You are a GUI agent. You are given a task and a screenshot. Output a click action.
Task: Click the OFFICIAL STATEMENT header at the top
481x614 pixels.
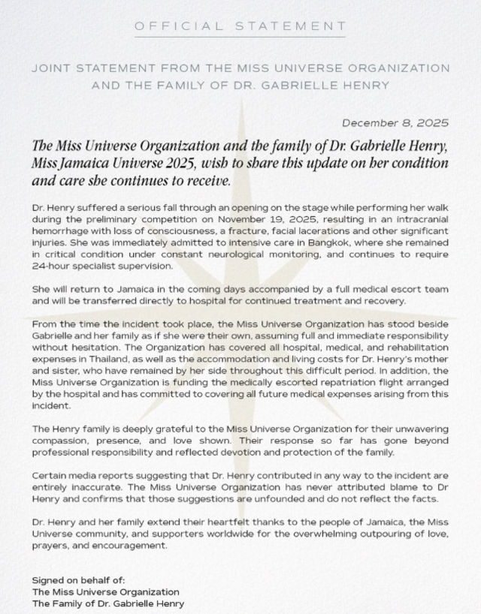tap(240, 26)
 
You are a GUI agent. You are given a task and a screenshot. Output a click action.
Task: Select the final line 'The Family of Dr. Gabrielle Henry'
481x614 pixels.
tap(107, 603)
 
